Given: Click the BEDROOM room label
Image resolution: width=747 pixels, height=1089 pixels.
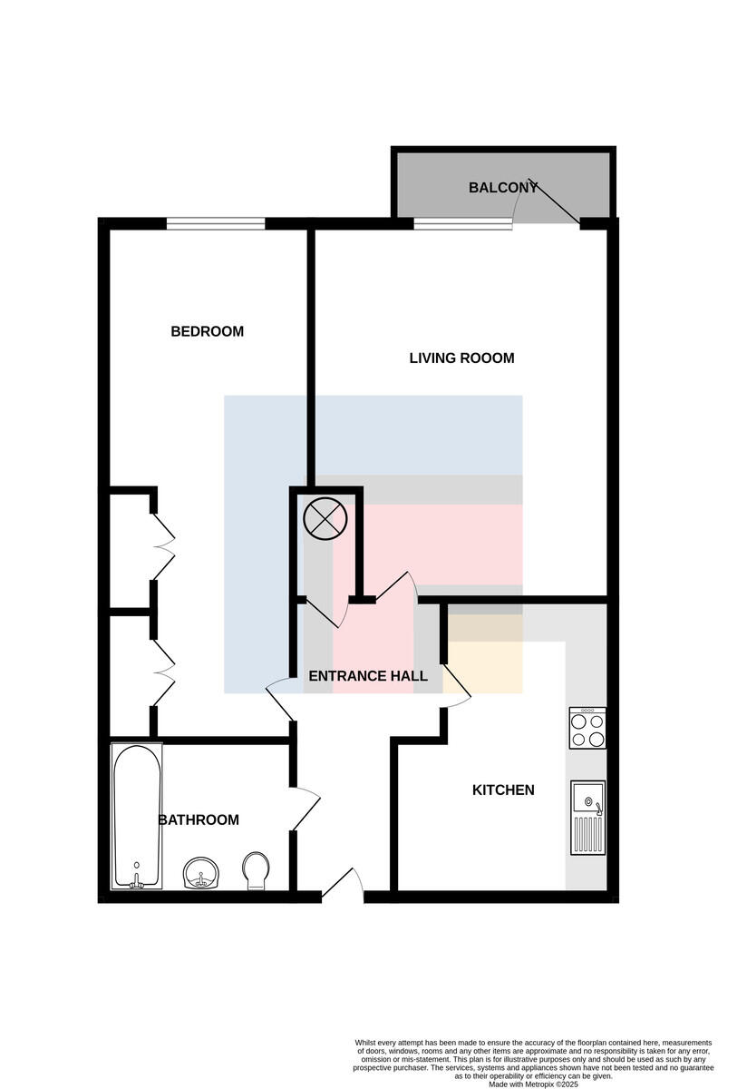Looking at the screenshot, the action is point(208,331).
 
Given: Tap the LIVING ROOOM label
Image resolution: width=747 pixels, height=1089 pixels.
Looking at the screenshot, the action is point(462,358).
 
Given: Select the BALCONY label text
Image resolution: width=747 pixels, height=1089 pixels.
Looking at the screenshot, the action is point(503,188).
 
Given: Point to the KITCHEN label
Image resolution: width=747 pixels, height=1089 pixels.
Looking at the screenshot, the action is point(503,790).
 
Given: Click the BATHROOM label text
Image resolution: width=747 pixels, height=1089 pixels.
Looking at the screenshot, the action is point(199,820).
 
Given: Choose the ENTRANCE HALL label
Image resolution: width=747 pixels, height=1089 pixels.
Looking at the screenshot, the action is point(368,676).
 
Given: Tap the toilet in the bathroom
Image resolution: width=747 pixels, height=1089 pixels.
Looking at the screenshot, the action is point(257,871).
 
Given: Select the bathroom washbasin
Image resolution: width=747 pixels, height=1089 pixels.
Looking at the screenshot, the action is point(201,873).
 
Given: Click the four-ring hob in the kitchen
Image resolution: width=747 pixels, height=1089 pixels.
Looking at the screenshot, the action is point(587,728).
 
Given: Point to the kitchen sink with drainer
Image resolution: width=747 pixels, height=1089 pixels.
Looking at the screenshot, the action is point(588,818).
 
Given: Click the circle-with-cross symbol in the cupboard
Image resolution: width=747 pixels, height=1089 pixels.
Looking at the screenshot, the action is point(325,518).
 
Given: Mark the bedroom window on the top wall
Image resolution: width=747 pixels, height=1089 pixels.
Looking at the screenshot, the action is point(216,223).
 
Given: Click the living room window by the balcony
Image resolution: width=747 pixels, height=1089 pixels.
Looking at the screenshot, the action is point(463,223).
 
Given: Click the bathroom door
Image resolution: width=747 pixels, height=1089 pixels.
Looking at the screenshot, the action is point(306,809).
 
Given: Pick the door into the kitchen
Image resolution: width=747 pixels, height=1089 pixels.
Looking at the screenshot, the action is point(457,685).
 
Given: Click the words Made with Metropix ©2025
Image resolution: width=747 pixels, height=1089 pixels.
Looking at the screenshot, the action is point(533,1084).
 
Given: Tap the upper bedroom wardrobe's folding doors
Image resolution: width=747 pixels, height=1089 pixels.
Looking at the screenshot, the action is point(164,547).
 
